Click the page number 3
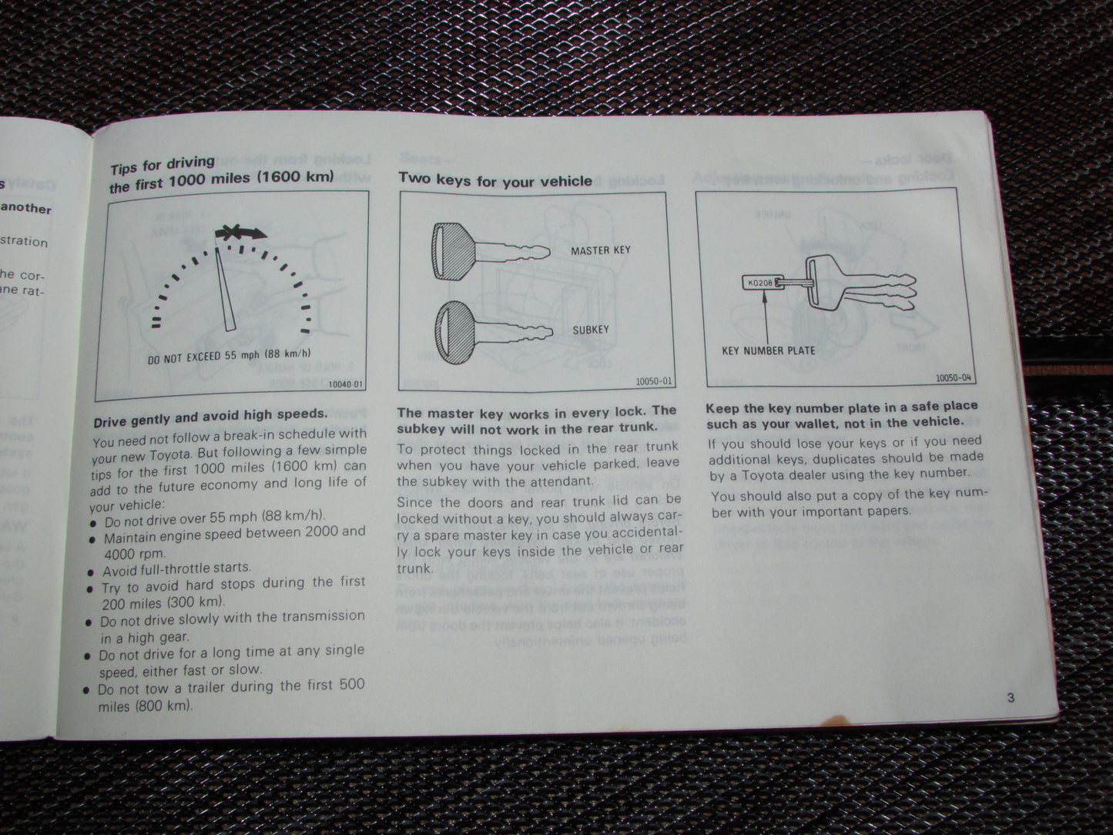coord(1010,699)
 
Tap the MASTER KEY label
coord(600,250)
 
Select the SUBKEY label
coord(590,330)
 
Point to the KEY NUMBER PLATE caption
coord(768,350)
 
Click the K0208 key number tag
coord(759,283)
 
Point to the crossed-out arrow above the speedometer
coord(240,232)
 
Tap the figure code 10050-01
coord(654,381)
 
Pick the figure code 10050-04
coord(954,378)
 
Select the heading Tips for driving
coord(163,164)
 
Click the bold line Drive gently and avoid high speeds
coord(210,416)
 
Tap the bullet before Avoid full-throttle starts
coord(94,572)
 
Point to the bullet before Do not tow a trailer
coord(87,689)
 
